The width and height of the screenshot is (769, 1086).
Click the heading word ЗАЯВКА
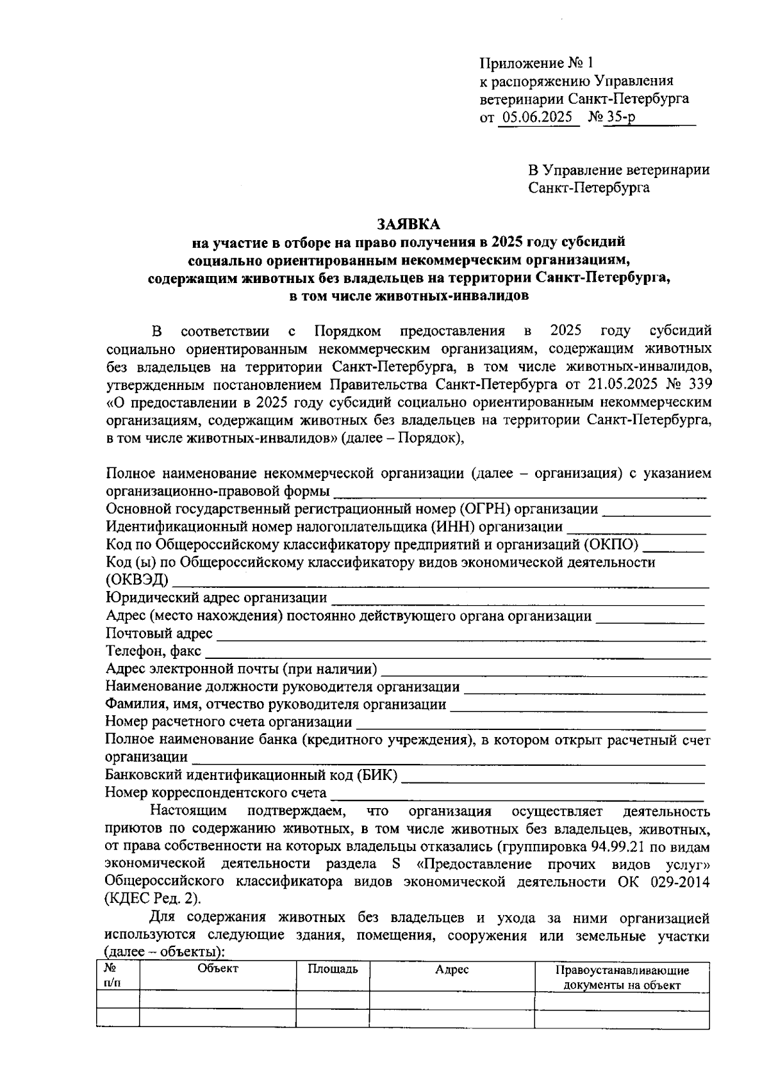coord(409,224)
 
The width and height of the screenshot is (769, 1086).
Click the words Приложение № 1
coord(537,63)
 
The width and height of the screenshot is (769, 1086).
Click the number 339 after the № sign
coord(698,385)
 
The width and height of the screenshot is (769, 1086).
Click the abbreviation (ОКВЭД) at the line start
coord(137,580)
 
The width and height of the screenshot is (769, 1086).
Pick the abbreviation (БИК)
coord(376,775)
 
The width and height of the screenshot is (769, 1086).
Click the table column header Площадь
coord(333,969)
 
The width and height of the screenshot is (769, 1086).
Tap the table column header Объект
coord(218,969)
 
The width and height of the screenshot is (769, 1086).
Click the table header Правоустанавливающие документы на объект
coord(622,978)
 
